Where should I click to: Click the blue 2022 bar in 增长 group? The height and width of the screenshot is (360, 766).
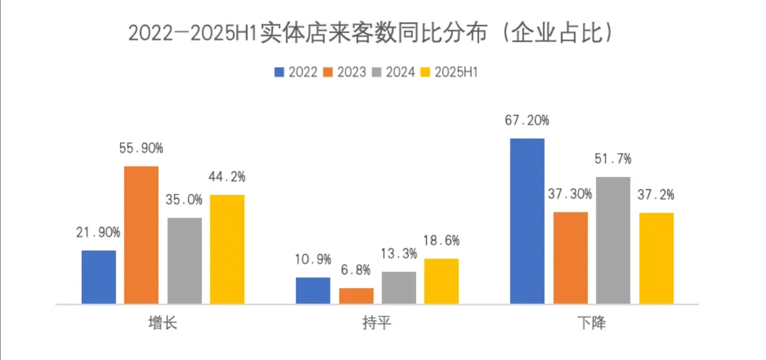pos(99,277)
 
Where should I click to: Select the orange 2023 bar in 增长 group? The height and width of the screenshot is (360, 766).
pos(141,235)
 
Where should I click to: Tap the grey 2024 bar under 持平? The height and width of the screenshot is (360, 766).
pos(399,287)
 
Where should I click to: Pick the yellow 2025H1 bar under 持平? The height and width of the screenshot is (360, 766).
pos(441,281)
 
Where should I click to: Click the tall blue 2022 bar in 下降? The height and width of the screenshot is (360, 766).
pos(527,221)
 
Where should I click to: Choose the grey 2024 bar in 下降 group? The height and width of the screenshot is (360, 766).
pos(613,241)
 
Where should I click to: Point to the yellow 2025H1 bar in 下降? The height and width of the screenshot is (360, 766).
pos(656,258)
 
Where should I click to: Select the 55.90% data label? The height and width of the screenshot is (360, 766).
pos(141,149)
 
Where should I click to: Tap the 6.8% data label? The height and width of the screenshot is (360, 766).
pos(356,271)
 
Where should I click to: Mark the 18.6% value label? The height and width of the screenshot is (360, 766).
pos(441,240)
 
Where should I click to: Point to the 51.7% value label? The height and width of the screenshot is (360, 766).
pos(613,159)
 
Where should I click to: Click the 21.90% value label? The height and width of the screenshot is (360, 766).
pos(98,232)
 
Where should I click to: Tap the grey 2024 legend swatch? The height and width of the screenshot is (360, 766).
pos(377,72)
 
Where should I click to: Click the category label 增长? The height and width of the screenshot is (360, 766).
pos(162,324)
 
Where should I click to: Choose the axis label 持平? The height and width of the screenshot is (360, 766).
pos(377,324)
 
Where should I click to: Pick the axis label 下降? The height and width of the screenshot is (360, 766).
pos(591,324)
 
